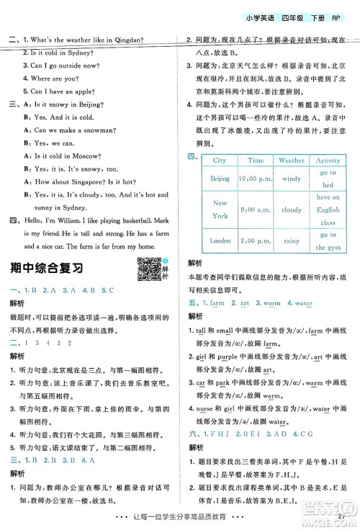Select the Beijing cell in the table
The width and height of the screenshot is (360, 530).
(220, 178)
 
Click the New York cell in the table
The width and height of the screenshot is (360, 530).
(220, 210)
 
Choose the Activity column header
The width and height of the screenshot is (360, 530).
(328, 161)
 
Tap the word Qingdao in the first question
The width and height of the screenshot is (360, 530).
(143, 40)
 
